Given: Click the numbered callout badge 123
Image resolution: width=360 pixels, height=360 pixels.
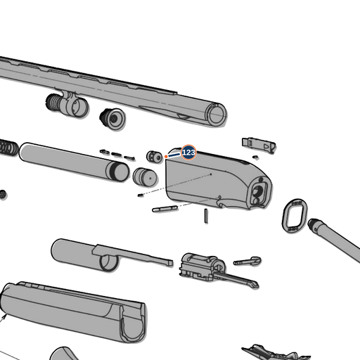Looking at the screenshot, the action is [x=188, y=153].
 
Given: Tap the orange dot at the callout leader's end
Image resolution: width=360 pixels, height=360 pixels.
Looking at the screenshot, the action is [x=166, y=156].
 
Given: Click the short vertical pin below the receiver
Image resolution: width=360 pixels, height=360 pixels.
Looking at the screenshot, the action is [x=206, y=216].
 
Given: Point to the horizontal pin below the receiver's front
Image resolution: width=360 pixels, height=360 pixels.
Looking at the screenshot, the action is [x=165, y=208].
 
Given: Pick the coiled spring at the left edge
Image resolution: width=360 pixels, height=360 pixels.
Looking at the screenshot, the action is [x=8, y=148].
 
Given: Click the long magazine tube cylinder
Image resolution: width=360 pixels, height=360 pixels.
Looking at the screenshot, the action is [x=74, y=162].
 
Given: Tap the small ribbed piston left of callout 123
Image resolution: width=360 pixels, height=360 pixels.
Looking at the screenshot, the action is [x=155, y=156].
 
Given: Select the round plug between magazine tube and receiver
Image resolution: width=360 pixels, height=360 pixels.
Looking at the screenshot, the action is [x=145, y=176].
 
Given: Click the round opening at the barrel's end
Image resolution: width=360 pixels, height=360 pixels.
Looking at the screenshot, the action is [x=217, y=114].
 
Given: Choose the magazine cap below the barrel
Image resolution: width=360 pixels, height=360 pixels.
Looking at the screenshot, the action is [x=112, y=118].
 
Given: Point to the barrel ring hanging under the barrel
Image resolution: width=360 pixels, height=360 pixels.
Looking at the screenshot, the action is [x=67, y=104].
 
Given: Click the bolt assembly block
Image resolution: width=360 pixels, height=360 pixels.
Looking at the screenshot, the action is [x=202, y=266].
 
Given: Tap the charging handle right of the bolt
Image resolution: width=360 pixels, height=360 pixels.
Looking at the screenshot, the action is [x=247, y=261].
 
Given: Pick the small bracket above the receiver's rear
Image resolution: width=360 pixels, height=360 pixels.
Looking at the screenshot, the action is [x=259, y=145].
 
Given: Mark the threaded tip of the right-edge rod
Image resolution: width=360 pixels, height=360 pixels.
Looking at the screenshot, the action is [x=314, y=224].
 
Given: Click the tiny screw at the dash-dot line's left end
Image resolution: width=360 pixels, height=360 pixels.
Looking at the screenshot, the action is [x=141, y=195].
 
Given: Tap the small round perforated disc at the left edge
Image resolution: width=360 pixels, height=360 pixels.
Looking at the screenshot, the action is [x=3, y=194].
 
